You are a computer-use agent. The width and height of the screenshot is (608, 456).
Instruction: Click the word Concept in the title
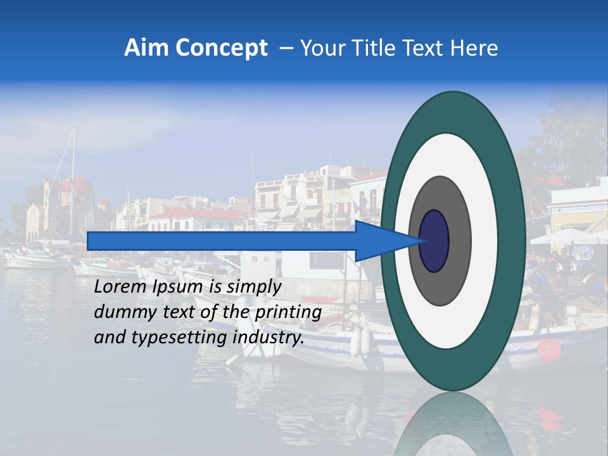[221, 48]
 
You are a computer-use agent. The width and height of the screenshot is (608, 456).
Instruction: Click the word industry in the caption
[269, 338]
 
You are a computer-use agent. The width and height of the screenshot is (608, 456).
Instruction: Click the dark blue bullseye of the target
[434, 241]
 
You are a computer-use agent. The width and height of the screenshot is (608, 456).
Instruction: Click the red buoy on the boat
[550, 349]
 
